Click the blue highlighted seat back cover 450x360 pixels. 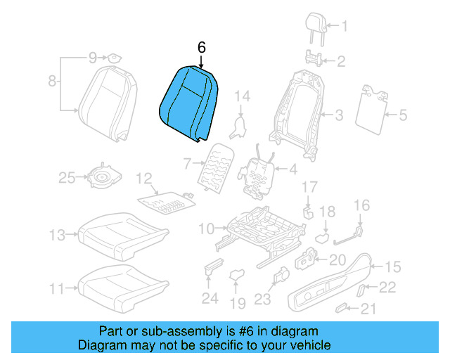click(188, 102)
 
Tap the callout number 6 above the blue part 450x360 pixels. click(201, 48)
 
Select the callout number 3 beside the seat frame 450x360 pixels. click(338, 115)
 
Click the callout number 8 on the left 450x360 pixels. click(52, 82)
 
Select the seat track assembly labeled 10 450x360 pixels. click(260, 229)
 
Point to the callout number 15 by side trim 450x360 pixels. click(393, 266)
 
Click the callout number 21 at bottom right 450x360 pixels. click(368, 309)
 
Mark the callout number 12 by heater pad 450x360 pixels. click(143, 178)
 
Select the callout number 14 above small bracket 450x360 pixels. click(242, 96)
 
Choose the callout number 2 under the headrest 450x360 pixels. click(340, 62)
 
